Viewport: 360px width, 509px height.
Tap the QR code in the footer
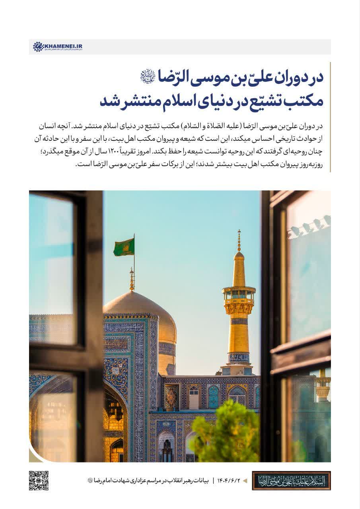pyautogui.click(x=39, y=480)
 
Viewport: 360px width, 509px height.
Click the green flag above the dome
pyautogui.click(x=124, y=247)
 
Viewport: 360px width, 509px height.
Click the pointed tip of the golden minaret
pyautogui.click(x=239, y=235)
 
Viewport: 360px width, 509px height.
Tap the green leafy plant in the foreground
pyautogui.click(x=227, y=433)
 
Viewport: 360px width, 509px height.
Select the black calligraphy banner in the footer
pyautogui.click(x=291, y=481)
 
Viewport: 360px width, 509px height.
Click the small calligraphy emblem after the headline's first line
pyautogui.click(x=147, y=75)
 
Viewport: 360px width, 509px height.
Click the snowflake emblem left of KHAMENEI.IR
pyautogui.click(x=38, y=47)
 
